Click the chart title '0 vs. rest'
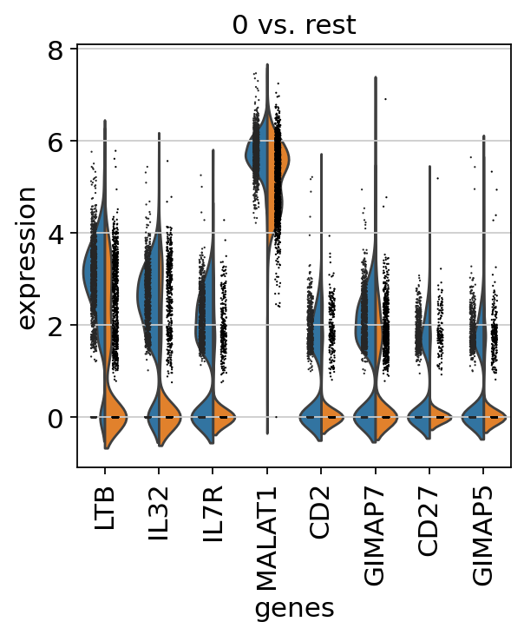(293, 25)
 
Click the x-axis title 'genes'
(293, 610)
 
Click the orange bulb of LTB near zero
(116, 418)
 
